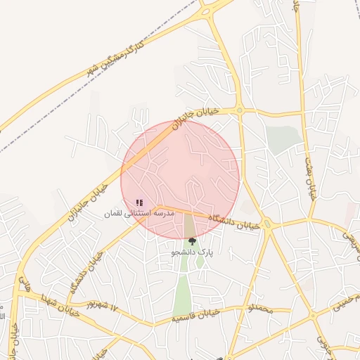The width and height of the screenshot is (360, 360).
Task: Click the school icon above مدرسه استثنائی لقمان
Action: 139,202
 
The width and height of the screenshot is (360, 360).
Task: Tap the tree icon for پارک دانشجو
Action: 192,241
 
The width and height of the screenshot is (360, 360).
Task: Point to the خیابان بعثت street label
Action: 310,179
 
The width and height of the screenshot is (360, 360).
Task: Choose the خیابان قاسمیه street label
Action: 198,316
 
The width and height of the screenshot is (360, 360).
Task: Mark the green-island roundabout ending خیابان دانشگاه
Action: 267,226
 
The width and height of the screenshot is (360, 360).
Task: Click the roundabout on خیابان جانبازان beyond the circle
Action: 240,110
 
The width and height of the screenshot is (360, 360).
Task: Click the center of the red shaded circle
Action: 180,179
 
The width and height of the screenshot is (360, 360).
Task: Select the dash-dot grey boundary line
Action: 42,127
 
